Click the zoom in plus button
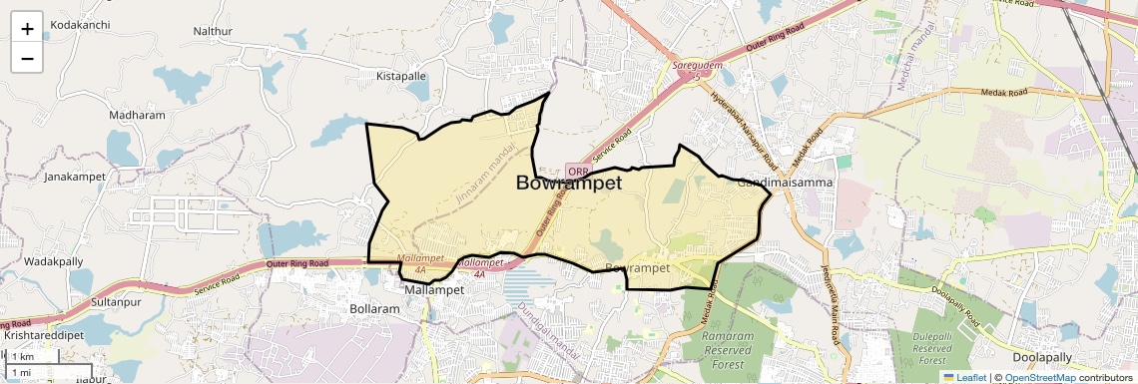(x=27, y=29)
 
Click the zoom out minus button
(x=27, y=58)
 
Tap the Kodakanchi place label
(x=81, y=23)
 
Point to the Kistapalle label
(x=400, y=76)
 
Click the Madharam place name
(x=137, y=115)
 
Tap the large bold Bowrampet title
(x=569, y=184)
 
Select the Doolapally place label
(x=1041, y=357)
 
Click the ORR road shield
(x=578, y=172)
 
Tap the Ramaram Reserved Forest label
(x=728, y=350)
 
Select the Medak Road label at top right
(x=1004, y=93)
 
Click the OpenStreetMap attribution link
(x=1039, y=377)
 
